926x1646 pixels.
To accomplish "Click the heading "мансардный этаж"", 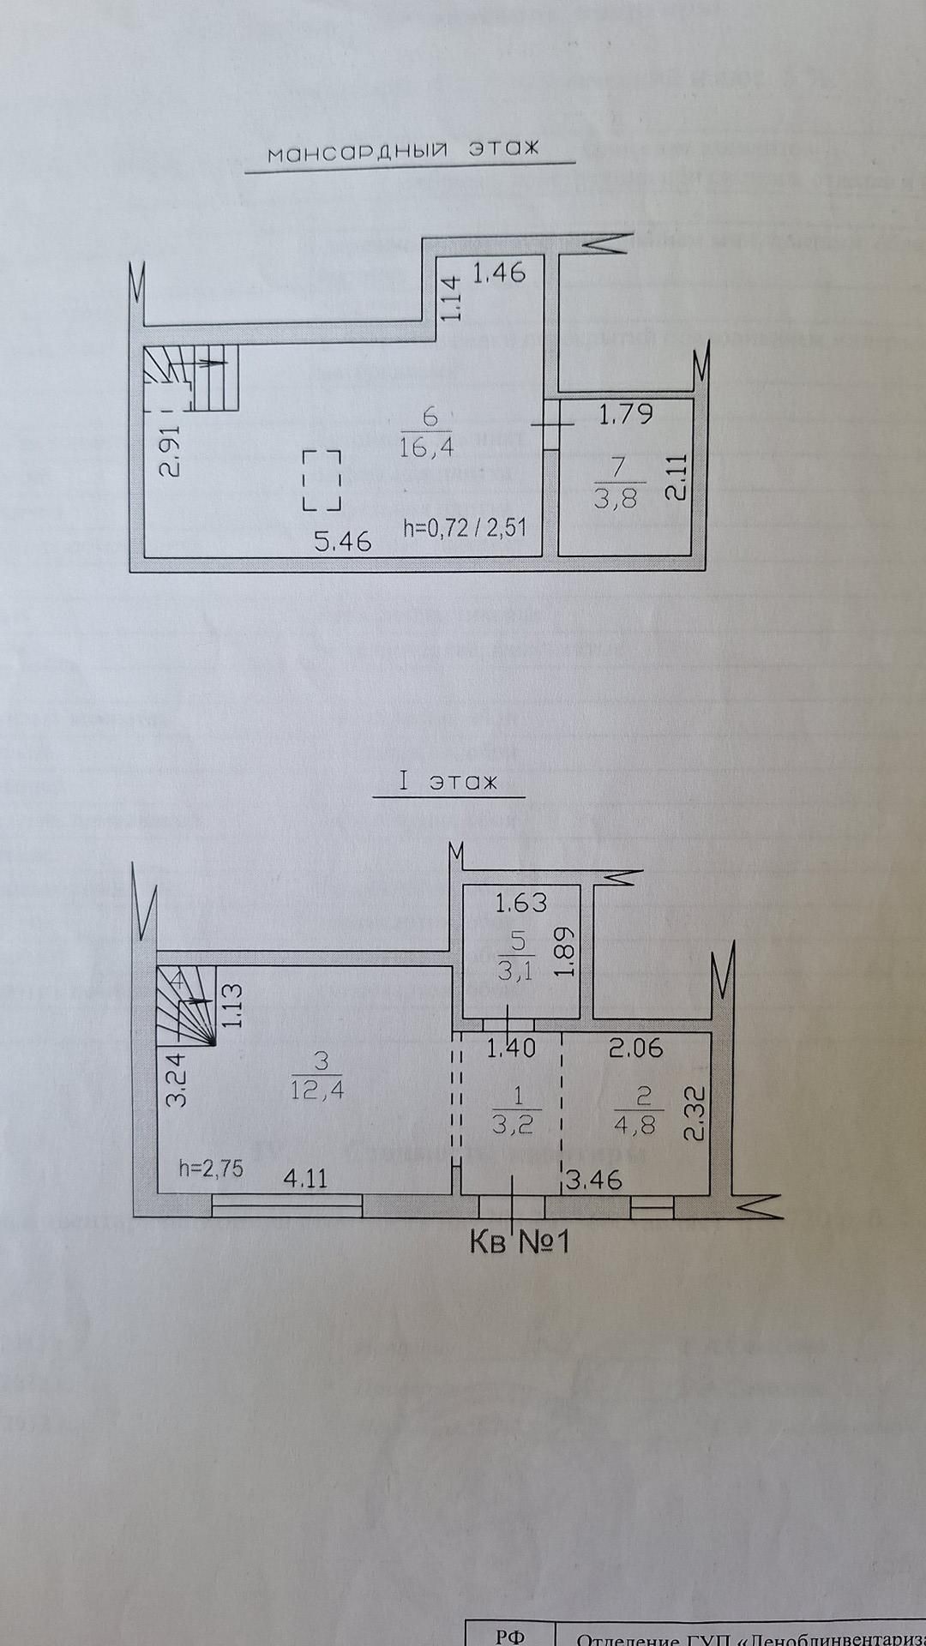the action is [403, 151].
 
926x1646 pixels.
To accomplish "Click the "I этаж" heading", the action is [447, 783].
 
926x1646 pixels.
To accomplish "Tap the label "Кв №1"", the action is [520, 1242].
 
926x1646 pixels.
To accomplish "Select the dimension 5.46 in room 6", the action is [344, 541].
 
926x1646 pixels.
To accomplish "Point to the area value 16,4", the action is [426, 447].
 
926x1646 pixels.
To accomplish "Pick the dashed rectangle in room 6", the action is [322, 480].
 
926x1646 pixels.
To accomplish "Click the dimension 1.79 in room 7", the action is [625, 415].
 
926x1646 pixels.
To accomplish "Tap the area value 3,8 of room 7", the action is [616, 498].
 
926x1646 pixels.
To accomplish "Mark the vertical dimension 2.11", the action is [676, 478].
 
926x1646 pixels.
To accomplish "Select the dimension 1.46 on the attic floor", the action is [499, 273].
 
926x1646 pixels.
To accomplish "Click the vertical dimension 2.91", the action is [172, 452].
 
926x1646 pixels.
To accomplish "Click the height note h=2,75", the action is [211, 1168].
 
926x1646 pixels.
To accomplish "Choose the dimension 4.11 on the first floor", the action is [305, 1179].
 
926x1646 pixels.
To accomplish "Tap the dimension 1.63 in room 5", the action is [521, 903].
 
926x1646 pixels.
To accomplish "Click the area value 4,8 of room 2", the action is [635, 1124].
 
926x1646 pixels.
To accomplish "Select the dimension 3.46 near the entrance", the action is [594, 1180].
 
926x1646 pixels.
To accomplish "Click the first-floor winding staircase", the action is [185, 1006].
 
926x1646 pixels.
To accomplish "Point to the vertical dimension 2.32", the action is [695, 1113].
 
